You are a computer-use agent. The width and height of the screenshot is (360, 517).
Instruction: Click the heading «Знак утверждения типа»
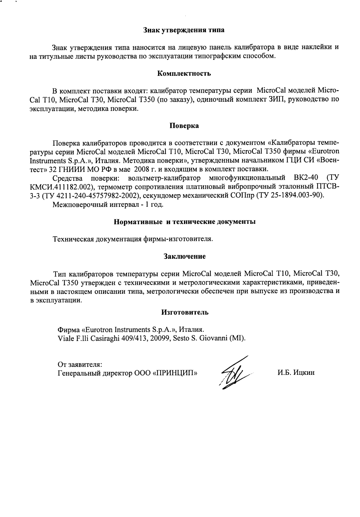(x=184, y=30)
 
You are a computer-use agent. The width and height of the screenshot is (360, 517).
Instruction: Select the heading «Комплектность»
(x=184, y=73)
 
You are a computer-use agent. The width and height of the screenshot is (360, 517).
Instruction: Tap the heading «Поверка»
(x=184, y=126)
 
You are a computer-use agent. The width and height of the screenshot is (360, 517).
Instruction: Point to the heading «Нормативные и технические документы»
(x=184, y=222)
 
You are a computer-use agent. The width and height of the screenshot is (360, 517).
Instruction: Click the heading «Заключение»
(x=184, y=256)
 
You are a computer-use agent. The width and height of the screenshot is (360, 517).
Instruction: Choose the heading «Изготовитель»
(x=185, y=312)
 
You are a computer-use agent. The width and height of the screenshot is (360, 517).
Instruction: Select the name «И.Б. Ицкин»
(x=296, y=373)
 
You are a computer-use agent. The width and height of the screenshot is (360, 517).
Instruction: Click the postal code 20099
(x=159, y=338)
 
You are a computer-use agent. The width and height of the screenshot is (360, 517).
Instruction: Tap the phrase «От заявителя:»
(x=80, y=364)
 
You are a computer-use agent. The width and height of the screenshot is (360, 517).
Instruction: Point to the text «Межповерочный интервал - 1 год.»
(x=108, y=204)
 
